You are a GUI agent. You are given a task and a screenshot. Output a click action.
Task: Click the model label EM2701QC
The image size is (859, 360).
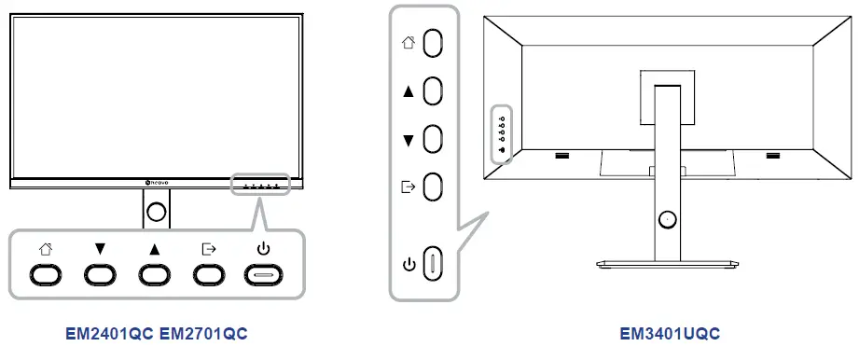tap(203, 333)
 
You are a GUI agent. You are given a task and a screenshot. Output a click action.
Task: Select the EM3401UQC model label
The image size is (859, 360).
tap(670, 333)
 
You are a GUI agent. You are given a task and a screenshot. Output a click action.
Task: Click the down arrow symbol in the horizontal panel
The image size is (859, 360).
tap(99, 249)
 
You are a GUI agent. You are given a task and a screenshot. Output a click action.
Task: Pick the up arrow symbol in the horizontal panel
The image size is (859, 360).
tap(154, 249)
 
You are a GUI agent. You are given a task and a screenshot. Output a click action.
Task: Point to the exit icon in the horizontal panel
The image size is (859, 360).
tap(208, 249)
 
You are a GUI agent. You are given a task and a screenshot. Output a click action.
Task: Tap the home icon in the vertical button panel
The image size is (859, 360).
tap(408, 42)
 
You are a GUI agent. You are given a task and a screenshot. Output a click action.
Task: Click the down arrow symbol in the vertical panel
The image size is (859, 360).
tap(408, 140)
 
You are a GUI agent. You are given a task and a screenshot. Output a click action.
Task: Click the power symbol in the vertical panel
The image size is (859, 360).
tap(408, 264)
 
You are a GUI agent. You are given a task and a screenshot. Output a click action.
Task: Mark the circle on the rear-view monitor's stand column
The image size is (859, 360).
tap(665, 218)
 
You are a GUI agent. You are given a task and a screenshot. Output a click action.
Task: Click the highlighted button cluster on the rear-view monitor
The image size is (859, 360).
tap(501, 132)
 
